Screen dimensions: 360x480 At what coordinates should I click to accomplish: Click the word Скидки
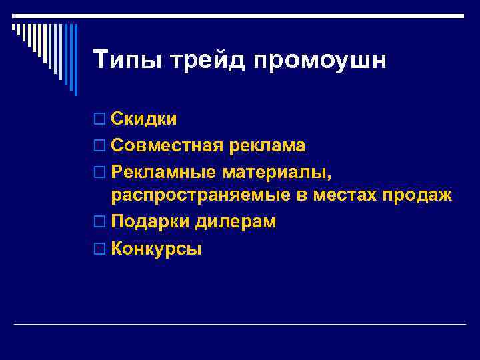coord(144,119)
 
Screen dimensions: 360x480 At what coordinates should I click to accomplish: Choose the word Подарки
coord(151,222)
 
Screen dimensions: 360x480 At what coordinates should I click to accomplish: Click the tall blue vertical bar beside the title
coord(75,60)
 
